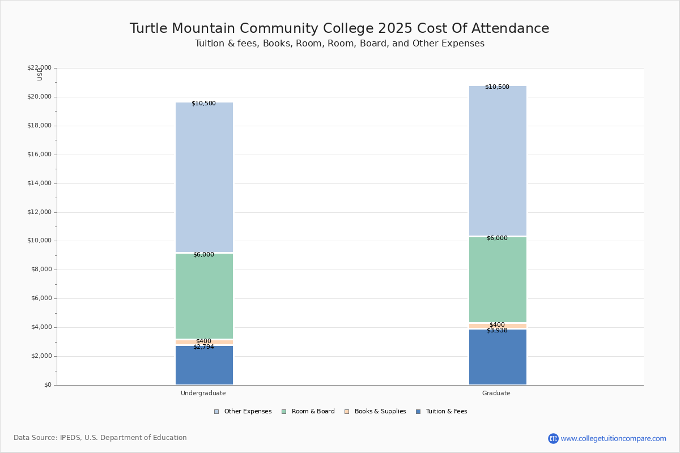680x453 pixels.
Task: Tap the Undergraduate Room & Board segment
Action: (204, 296)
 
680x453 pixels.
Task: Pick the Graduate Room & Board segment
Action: (498, 280)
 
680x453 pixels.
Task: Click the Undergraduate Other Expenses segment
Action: (204, 177)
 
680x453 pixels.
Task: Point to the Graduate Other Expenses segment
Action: (498, 161)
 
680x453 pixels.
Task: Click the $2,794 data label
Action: (203, 347)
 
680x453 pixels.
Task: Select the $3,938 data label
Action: (497, 330)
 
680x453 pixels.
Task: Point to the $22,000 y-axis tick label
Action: (39, 68)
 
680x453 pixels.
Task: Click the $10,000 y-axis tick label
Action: (39, 241)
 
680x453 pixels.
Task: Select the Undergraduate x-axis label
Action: (203, 393)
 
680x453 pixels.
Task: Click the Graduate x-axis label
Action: (496, 393)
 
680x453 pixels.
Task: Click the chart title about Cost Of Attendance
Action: (339, 29)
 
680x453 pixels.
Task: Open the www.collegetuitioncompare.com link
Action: (613, 438)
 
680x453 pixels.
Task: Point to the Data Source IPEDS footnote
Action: (100, 438)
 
